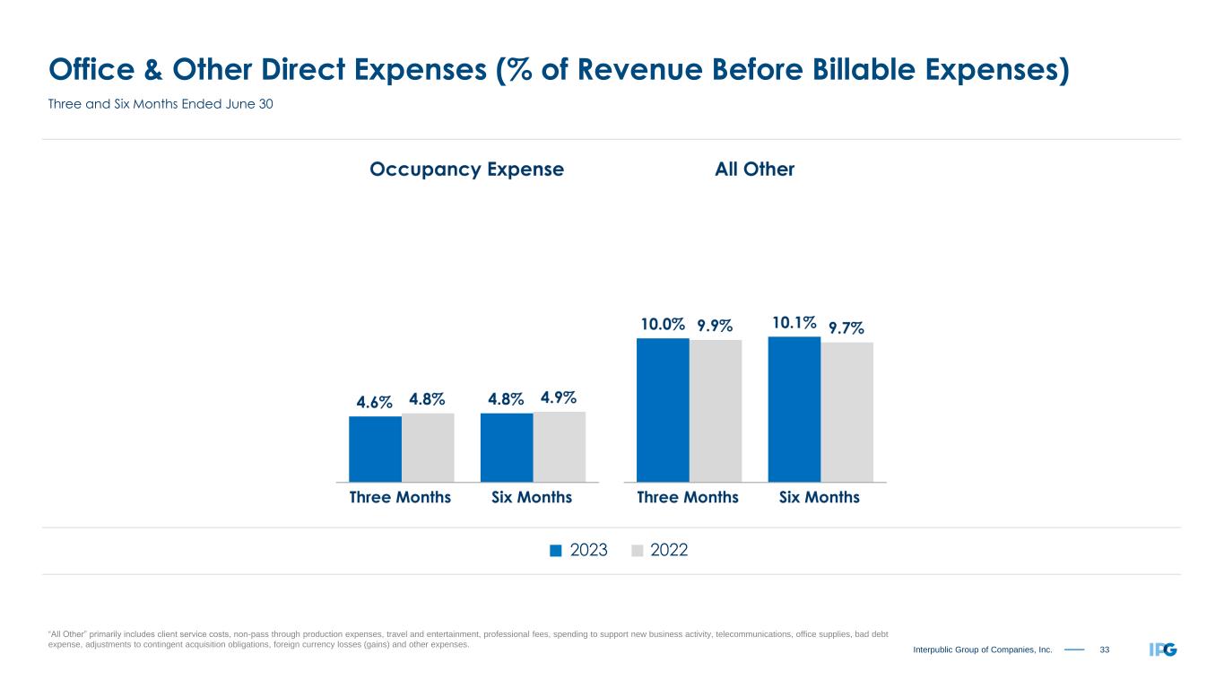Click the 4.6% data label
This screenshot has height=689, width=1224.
coord(375,403)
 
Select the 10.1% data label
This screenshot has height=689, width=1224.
coord(793,323)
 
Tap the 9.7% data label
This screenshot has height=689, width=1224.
coord(846,329)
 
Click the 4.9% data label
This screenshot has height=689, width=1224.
coord(558,397)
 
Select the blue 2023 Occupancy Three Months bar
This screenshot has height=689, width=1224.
coord(375,449)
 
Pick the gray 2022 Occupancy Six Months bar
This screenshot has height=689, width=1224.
coord(559,447)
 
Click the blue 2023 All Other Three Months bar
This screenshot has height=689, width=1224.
coord(663,410)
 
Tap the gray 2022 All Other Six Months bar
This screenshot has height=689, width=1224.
coord(846,412)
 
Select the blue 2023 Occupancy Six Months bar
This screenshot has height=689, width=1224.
coord(507,448)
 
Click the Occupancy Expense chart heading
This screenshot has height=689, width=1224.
coord(466,170)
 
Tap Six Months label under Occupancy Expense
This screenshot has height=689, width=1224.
coord(532,497)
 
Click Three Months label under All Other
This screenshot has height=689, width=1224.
coord(688,497)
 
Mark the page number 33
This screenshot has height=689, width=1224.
coord(1105,650)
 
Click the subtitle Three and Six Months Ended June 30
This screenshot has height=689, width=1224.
coord(160,105)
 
